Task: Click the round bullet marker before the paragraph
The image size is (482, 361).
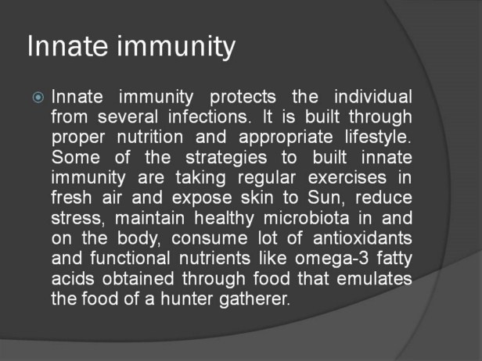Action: click(x=38, y=98)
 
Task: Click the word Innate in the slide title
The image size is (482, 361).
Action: click(x=67, y=46)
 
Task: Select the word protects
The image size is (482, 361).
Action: click(x=243, y=97)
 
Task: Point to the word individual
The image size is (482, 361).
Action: click(x=373, y=96)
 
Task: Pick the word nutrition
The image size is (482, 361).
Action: click(x=150, y=137)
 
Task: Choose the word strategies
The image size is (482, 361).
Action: click(x=226, y=158)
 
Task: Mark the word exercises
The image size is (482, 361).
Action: click(x=347, y=177)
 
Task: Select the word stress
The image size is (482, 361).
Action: click(x=78, y=218)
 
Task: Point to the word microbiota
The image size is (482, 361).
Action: click(x=306, y=218)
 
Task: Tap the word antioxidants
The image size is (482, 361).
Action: click(x=362, y=238)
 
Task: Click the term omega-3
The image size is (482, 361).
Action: click(x=332, y=259)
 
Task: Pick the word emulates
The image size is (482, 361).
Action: click(x=374, y=278)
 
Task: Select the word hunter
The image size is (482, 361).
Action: click(x=186, y=298)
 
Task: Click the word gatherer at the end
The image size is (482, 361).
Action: click(x=254, y=299)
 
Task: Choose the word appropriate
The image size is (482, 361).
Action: click(x=286, y=138)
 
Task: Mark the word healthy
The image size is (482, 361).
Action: click(x=225, y=218)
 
